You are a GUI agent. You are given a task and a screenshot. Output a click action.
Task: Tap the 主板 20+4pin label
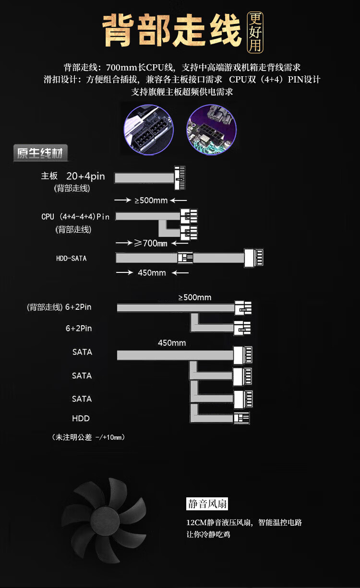[73, 176]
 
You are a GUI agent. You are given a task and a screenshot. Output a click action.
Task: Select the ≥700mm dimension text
[150, 243]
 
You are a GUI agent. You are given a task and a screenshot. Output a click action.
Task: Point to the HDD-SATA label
[72, 259]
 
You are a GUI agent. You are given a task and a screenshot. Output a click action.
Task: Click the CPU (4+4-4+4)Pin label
[75, 217]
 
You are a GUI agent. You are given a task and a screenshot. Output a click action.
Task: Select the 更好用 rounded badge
[255, 32]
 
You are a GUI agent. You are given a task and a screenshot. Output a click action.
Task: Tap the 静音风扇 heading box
[207, 504]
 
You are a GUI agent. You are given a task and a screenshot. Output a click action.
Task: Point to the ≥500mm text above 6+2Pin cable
[195, 297]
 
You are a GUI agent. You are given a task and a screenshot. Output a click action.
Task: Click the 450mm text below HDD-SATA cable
[152, 273]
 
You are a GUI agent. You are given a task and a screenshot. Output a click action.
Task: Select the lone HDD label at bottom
[81, 418]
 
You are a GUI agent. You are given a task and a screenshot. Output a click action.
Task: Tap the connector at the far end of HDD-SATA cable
[254, 258]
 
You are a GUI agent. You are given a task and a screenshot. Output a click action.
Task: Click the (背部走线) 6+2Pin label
[59, 307]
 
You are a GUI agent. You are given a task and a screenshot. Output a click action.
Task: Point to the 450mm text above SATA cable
[172, 343]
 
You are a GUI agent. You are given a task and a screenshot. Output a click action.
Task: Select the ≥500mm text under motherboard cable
[151, 200]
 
